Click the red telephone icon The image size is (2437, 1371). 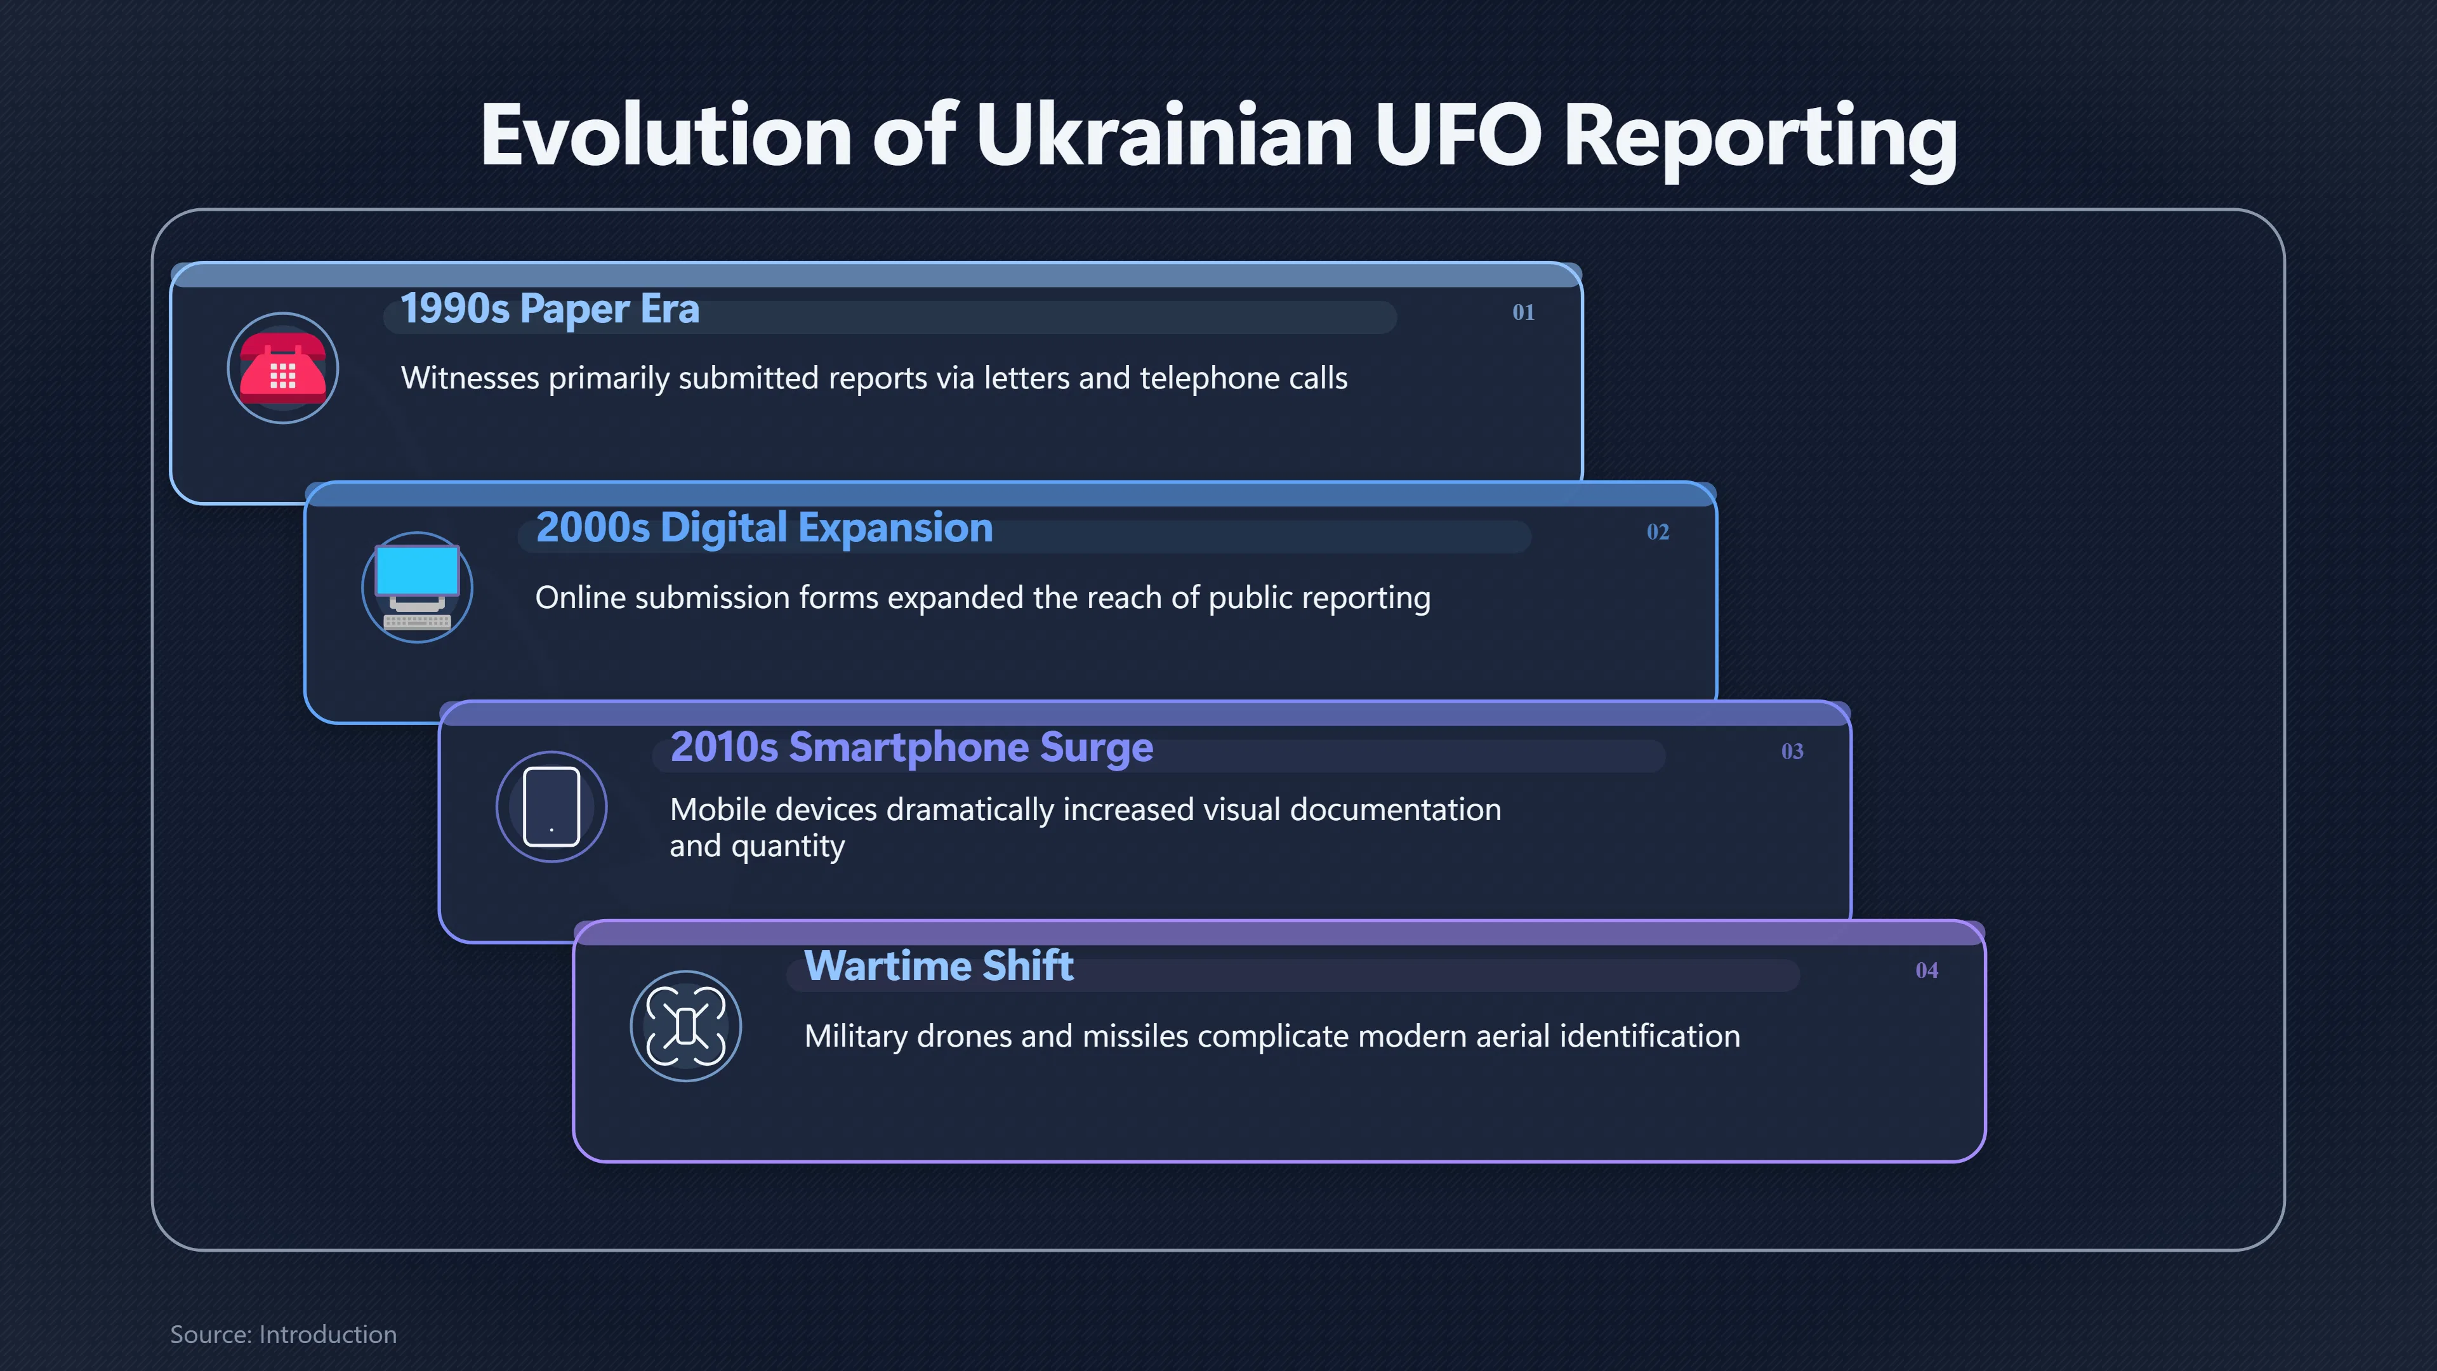coord(283,368)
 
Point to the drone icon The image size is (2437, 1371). coord(686,1026)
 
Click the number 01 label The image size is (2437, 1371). coord(1523,312)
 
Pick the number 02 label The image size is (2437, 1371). coord(1658,532)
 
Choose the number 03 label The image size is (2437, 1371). coord(1792,752)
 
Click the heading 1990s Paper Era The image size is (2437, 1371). coord(550,309)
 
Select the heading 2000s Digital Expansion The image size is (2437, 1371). coord(764,529)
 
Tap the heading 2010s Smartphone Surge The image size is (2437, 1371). coord(912,748)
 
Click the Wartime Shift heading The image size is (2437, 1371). coord(939,966)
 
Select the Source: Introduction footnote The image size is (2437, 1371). coord(283,1334)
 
